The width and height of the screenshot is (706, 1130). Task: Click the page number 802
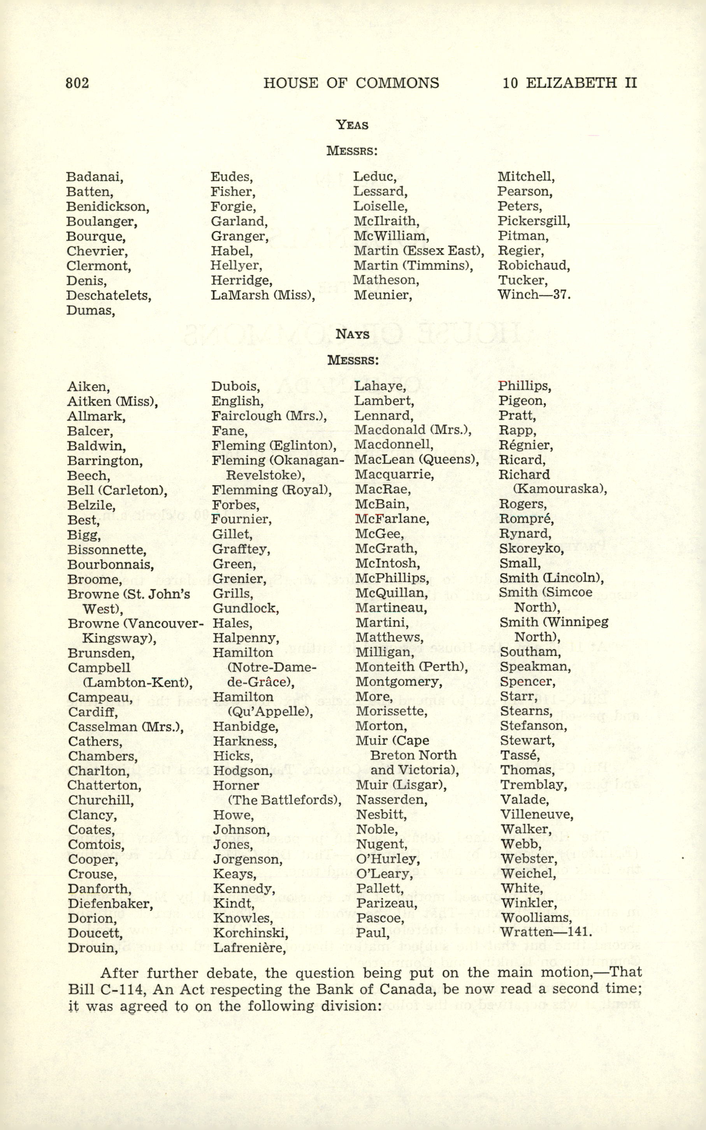tap(77, 83)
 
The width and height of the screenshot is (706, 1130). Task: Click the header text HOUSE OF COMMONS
tap(351, 83)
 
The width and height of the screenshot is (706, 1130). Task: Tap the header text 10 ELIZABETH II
tap(570, 83)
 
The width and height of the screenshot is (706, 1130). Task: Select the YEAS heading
tap(353, 125)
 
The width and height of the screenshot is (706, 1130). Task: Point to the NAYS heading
tap(353, 334)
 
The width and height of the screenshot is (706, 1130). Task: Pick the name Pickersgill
tap(534, 221)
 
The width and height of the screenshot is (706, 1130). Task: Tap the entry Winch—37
tap(534, 295)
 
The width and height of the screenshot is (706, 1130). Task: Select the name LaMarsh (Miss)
tap(263, 295)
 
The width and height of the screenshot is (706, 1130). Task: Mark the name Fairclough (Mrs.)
tap(269, 416)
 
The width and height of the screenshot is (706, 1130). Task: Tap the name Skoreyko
tap(531, 549)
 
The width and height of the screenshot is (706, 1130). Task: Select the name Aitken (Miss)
tap(112, 401)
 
